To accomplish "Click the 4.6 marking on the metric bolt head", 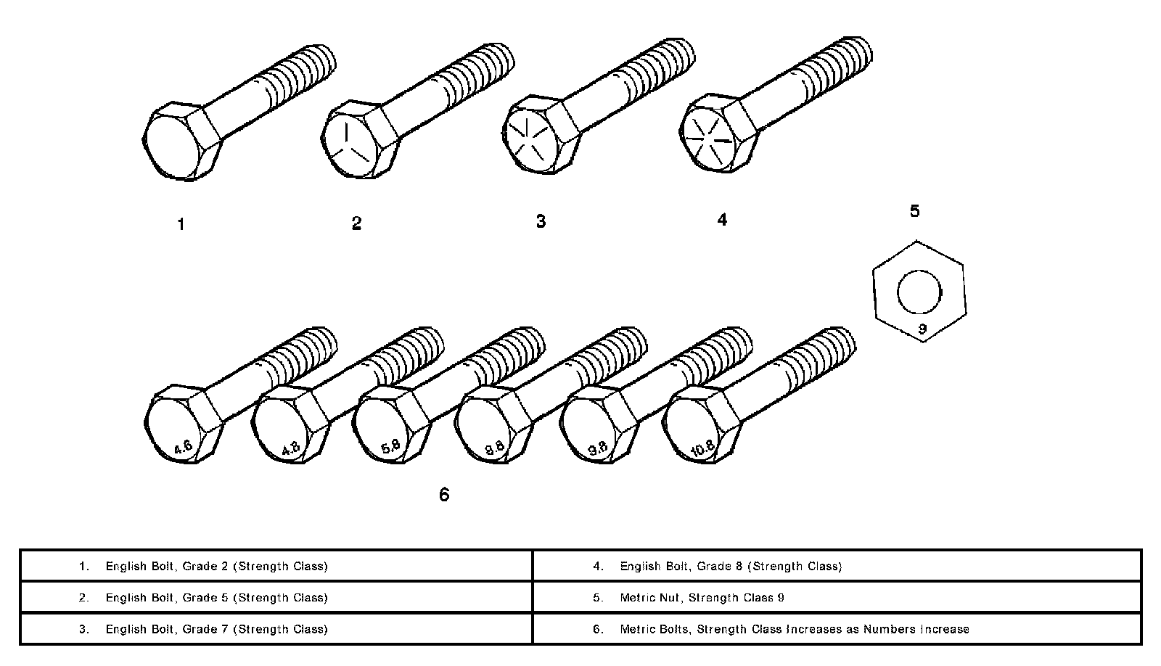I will (183, 447).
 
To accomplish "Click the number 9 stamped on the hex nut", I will (922, 329).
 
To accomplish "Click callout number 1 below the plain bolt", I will (181, 225).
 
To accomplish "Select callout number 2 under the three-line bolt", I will (356, 223).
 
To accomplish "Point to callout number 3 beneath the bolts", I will (541, 221).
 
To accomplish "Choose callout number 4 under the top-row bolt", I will (722, 220).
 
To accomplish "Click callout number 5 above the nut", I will (915, 211).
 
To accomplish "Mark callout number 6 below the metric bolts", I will (444, 495).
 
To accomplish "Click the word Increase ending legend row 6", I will (944, 629).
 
